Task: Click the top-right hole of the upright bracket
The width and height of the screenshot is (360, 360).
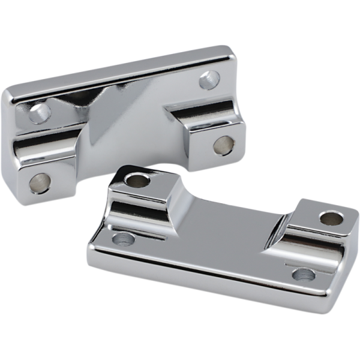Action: click(x=209, y=79)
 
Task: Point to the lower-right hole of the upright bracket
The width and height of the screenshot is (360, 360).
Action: click(x=223, y=145)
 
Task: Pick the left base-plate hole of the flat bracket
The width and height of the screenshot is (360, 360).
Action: click(x=123, y=239)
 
